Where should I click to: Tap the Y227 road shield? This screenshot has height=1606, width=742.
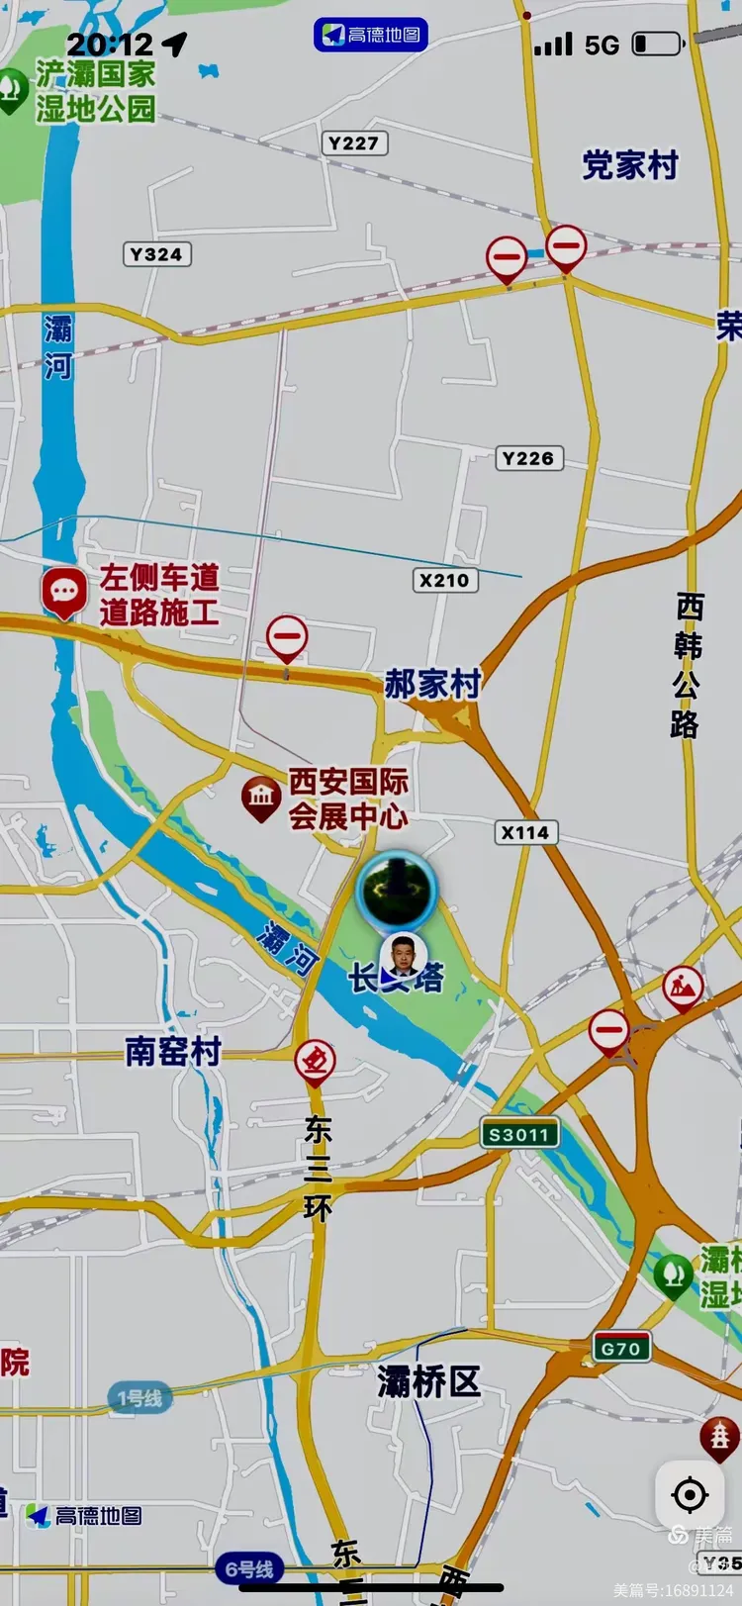pos(353,143)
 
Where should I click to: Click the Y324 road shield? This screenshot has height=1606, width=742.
pos(156,254)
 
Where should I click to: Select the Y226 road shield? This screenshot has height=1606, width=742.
pos(528,458)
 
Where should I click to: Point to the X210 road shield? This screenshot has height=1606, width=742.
pos(444,580)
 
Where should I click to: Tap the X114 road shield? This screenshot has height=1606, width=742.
pos(524,833)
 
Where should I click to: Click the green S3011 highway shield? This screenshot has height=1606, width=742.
pos(519,1134)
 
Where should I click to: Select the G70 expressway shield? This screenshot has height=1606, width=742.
pos(621,1348)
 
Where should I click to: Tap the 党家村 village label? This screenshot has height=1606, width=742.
pos(630,165)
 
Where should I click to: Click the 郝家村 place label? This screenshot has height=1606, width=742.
pos(432,684)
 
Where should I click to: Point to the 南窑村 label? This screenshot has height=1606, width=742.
pos(172,1052)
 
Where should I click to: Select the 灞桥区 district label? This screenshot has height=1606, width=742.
pos(428,1382)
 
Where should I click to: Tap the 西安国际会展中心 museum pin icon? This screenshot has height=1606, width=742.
pos(261,797)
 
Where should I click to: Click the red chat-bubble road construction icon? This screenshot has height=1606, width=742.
pos(64,592)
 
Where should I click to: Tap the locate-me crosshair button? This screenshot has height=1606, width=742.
pos(689,1494)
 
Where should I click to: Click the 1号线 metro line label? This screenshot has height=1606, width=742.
pos(139,1398)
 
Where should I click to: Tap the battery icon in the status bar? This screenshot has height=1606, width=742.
pos(657,45)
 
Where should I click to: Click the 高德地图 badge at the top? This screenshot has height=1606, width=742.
pos(371,35)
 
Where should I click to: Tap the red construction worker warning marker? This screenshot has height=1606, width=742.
pos(683,987)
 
